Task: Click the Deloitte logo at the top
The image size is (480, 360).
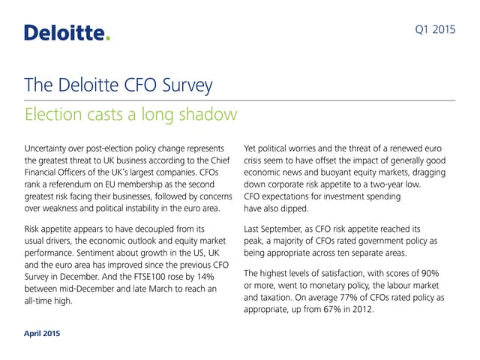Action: pyautogui.click(x=67, y=32)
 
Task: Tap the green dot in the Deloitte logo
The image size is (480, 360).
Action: pyautogui.click(x=107, y=37)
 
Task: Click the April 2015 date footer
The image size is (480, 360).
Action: pyautogui.click(x=43, y=332)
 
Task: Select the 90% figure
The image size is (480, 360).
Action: pyautogui.click(x=442, y=273)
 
